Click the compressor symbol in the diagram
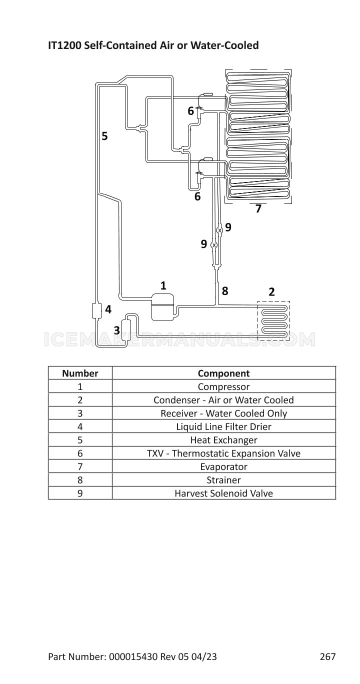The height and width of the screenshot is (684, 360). point(162,307)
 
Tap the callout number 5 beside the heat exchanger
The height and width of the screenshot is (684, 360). point(104,136)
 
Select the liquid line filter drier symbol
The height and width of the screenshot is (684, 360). point(96,310)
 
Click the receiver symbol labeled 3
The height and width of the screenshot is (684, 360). point(126,328)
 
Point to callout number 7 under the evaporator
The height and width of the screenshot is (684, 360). point(258,208)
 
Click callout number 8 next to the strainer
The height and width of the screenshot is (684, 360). point(225,291)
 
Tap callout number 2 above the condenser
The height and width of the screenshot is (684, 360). point(271,292)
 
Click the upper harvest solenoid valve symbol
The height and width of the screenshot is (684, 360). point(219,230)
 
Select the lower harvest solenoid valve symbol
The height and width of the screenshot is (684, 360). point(214,245)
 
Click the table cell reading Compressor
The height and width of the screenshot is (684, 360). point(223,386)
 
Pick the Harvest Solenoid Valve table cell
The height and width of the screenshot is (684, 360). point(223,493)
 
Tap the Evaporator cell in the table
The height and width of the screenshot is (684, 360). point(223,466)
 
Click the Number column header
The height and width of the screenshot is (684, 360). point(80,373)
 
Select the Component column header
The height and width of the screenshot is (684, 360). point(223,373)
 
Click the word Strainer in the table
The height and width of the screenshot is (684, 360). point(223,480)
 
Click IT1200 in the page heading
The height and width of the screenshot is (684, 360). point(64,45)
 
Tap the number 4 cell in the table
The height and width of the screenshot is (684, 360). point(80,426)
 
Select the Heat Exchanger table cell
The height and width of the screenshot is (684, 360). point(223,440)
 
